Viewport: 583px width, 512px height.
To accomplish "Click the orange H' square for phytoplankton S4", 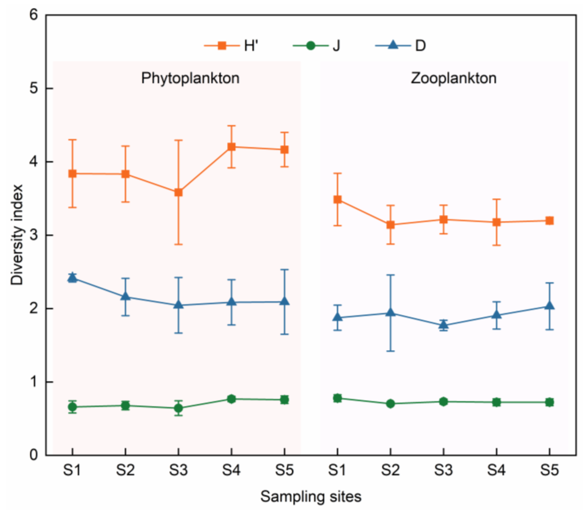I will point(231,147).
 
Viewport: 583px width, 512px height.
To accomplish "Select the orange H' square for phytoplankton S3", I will point(178,192).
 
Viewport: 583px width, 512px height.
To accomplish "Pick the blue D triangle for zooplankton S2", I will point(390,313).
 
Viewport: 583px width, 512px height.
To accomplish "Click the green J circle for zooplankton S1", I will point(337,398).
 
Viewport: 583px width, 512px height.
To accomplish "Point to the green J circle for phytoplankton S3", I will point(178,408).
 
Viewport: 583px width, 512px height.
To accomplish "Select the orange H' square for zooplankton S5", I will point(550,220).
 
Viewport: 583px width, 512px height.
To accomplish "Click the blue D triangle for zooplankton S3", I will point(443,325).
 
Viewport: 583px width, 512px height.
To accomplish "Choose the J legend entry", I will point(317,46).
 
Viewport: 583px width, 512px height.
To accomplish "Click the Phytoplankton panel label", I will point(190,78).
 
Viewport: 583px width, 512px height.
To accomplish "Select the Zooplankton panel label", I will point(453,78).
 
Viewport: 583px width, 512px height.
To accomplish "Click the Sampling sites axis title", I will point(311,497).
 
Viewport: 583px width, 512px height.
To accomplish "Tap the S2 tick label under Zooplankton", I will point(390,470).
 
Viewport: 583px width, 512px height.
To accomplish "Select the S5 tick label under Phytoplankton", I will point(284,470).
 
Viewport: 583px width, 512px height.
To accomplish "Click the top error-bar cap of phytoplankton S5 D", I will point(284,269).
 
